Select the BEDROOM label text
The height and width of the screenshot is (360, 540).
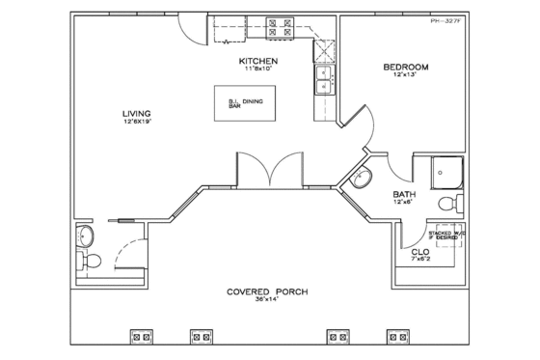coord(405,67)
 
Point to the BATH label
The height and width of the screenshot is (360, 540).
coord(404,194)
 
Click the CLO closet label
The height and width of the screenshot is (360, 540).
coord(420,253)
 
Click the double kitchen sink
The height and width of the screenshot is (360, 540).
coord(323,80)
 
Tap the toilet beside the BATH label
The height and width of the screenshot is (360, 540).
coord(450,205)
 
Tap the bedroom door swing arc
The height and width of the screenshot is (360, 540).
coord(364,122)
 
